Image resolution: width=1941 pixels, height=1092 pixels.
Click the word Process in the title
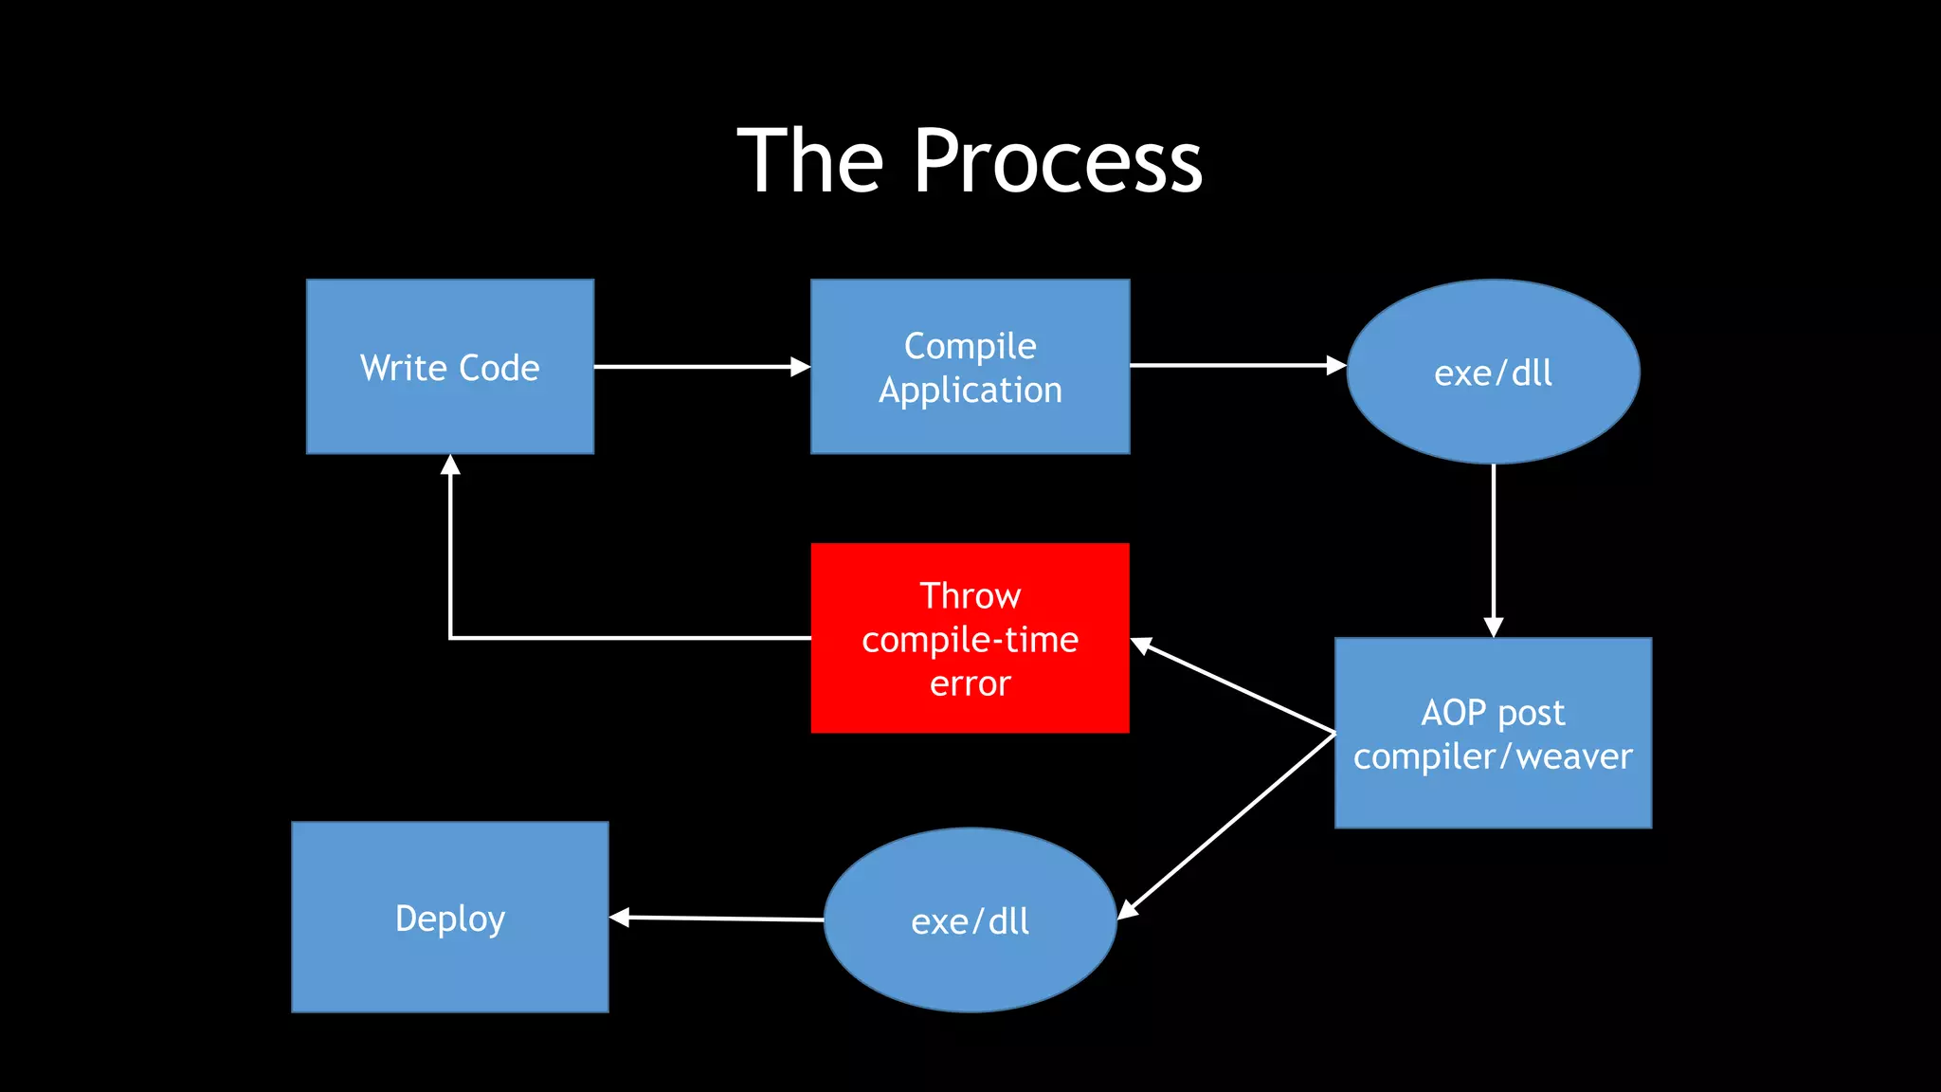click(x=1058, y=163)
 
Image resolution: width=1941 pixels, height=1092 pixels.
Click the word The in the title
click(x=810, y=163)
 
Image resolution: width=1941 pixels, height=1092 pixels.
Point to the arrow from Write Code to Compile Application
click(x=701, y=367)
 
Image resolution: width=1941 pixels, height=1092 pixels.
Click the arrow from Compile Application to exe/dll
click(x=1237, y=365)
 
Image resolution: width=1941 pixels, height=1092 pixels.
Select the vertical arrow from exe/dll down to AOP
click(x=1494, y=550)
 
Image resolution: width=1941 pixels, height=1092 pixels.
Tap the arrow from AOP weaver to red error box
click(x=1232, y=686)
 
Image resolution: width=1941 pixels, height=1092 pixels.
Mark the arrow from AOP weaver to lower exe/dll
click(x=1227, y=825)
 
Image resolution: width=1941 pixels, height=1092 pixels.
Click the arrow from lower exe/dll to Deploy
click(x=717, y=919)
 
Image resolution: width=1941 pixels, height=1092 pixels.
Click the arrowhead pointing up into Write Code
click(x=450, y=465)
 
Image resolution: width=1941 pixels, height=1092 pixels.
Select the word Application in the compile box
click(x=970, y=391)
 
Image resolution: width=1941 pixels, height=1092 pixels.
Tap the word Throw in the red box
click(x=970, y=596)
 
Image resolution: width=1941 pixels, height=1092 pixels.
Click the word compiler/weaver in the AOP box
click(x=1493, y=757)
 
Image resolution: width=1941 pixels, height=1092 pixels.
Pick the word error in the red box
click(x=970, y=683)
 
